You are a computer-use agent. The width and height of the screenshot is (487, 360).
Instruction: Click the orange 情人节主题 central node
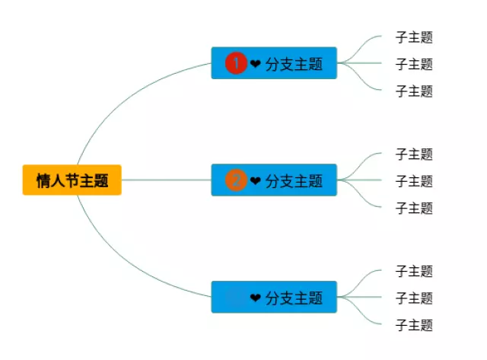(72, 180)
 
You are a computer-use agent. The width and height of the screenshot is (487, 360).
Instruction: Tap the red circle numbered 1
(236, 63)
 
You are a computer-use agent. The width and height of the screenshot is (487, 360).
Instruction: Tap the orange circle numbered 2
(236, 180)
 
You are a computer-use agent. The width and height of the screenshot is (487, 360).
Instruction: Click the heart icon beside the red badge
(255, 64)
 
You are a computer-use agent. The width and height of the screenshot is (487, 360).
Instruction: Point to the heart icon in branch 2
(255, 181)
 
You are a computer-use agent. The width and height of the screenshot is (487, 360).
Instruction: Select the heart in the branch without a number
(255, 298)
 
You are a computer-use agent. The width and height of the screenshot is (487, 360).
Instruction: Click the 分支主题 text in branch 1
(294, 64)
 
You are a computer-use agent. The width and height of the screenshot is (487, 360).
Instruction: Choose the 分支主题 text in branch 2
(294, 181)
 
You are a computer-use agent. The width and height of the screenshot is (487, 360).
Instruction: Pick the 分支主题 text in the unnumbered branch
(294, 298)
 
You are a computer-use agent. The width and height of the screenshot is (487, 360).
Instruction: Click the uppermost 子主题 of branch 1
(414, 37)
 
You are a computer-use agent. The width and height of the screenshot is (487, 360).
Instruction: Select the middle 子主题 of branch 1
(414, 64)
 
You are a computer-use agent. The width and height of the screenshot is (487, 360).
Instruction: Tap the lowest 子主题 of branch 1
(414, 91)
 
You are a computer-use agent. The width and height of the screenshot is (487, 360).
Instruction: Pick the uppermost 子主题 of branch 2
(414, 155)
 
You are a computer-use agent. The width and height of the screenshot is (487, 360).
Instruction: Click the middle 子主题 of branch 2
(414, 181)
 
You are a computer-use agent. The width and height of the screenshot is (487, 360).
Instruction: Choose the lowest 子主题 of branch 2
(414, 208)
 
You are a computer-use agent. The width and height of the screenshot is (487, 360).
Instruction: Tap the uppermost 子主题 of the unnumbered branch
(414, 271)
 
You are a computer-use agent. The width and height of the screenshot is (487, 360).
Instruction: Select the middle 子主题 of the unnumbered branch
(414, 298)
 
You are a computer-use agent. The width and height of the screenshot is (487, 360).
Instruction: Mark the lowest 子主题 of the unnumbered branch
(414, 325)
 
